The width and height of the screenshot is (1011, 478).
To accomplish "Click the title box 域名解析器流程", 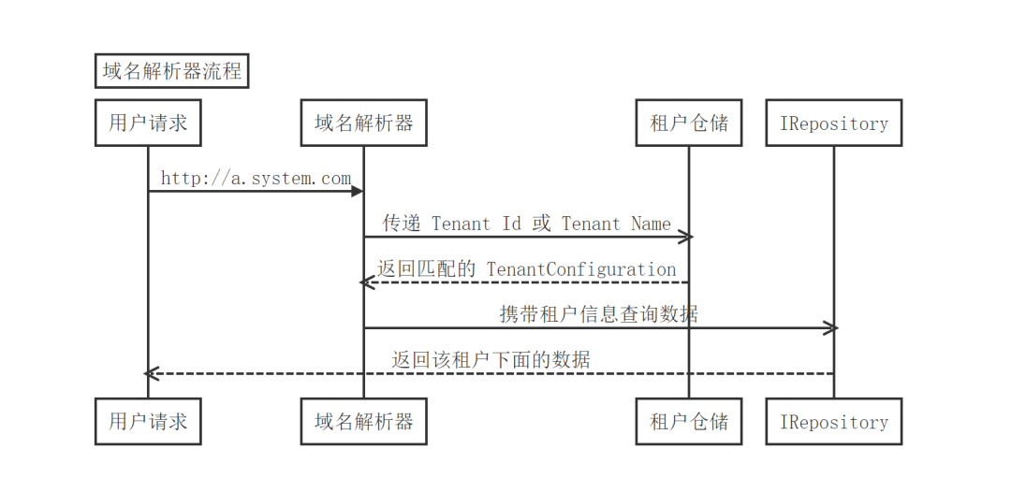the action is tap(171, 71).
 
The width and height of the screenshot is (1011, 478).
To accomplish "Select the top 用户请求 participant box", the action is tap(148, 123).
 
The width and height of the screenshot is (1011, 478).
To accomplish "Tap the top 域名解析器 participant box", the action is tap(363, 123).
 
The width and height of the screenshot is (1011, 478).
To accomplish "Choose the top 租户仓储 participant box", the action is tap(689, 123).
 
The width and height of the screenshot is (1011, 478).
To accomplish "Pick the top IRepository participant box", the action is tap(834, 123).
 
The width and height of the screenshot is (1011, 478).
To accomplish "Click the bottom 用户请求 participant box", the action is tap(148, 421).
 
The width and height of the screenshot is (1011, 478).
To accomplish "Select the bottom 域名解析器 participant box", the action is tap(363, 421).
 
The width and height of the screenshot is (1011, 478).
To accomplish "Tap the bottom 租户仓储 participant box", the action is tap(689, 421).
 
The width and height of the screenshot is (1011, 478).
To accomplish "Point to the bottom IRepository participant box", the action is tap(834, 421).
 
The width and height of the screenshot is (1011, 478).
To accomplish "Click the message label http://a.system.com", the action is tap(256, 179).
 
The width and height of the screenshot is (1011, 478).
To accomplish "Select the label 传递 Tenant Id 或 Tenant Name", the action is tap(527, 224).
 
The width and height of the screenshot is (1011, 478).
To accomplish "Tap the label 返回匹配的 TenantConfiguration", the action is tap(527, 268).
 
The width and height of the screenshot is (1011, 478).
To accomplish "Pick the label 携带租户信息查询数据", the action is tap(599, 313).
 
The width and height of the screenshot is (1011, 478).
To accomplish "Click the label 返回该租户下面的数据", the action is tap(491, 359).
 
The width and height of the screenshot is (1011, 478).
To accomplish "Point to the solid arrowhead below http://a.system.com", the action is tap(358, 192).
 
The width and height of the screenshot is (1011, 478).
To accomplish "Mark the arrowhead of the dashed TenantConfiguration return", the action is tap(367, 282).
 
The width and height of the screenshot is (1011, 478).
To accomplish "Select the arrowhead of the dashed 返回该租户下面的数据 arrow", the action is tap(152, 373).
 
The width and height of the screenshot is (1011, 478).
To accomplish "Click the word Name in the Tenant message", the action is tap(652, 224).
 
